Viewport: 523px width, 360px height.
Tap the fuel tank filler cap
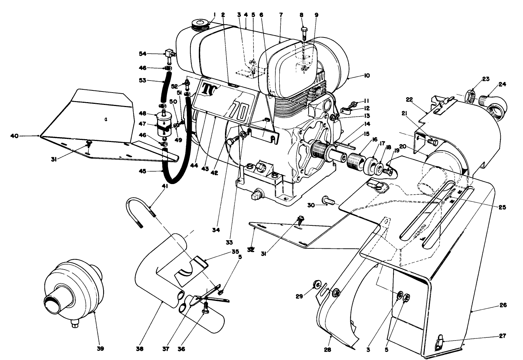coord(200,25)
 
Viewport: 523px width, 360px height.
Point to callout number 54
coord(143,53)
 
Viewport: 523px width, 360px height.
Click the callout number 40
coord(24,135)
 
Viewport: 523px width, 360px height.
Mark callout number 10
coord(365,76)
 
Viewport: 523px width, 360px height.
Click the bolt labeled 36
coord(204,311)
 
